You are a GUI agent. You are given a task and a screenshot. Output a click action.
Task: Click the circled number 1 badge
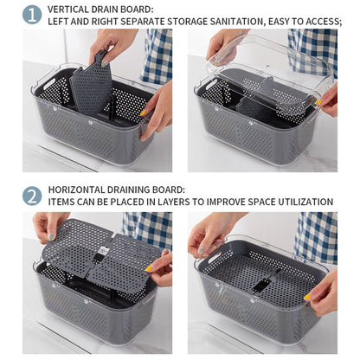point(32,15)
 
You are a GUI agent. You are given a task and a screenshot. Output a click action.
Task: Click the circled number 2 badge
point(32,196)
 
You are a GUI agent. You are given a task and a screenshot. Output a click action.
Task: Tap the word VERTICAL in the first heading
point(68,10)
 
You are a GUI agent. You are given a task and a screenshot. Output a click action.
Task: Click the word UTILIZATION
point(305,202)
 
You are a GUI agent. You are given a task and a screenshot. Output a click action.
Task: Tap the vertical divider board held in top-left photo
point(92,84)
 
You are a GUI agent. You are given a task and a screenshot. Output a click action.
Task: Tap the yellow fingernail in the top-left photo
point(143,112)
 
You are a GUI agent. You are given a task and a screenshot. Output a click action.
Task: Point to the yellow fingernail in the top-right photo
point(318,102)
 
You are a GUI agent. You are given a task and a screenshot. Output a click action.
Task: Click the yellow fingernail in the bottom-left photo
point(149,268)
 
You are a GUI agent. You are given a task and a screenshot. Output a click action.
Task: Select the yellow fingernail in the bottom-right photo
point(307,296)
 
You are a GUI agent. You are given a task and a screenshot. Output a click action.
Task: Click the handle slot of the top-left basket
point(49,83)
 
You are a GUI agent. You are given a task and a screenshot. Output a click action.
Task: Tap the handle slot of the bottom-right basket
point(214,257)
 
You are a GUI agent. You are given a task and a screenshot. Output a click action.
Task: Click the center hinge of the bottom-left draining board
point(100,253)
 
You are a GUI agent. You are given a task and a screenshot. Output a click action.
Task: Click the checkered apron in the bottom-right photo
point(316,237)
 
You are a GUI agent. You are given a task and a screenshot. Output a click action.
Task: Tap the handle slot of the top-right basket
point(211,84)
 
